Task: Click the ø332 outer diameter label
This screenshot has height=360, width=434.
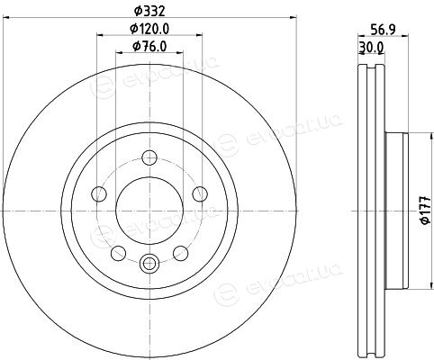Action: pos(149,12)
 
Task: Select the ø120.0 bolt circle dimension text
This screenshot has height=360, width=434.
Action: pos(149,29)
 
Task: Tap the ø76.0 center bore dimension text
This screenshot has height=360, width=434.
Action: pos(149,46)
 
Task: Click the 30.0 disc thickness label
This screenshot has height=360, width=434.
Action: pos(371,47)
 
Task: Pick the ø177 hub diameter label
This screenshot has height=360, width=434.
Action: pos(426,211)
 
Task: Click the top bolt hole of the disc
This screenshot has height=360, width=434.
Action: pos(149,157)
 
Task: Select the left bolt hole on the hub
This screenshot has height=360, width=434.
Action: pos(99,193)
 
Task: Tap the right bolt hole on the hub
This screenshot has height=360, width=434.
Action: pos(200,193)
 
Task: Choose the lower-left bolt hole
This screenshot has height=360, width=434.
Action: pos(118,253)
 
